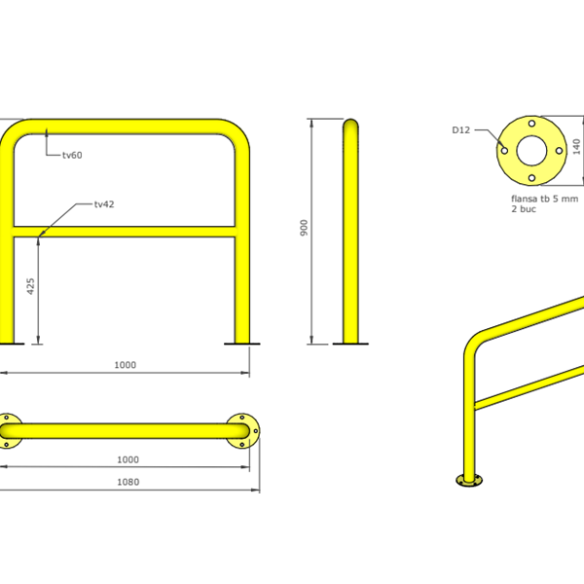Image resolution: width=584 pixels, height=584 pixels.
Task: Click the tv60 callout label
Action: (72, 155)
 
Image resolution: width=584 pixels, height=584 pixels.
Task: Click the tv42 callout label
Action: (104, 204)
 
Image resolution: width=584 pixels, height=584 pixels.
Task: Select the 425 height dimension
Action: (30, 286)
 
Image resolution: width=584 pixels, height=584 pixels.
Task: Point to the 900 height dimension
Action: (304, 228)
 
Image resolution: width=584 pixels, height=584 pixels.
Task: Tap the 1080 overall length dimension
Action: (128, 482)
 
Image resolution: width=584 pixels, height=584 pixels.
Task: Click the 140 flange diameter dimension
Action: (576, 146)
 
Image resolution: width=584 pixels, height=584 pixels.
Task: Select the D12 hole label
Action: (461, 130)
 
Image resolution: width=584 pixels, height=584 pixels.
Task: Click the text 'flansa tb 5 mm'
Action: (544, 199)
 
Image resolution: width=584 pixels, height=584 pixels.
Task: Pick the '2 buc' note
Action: (524, 209)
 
